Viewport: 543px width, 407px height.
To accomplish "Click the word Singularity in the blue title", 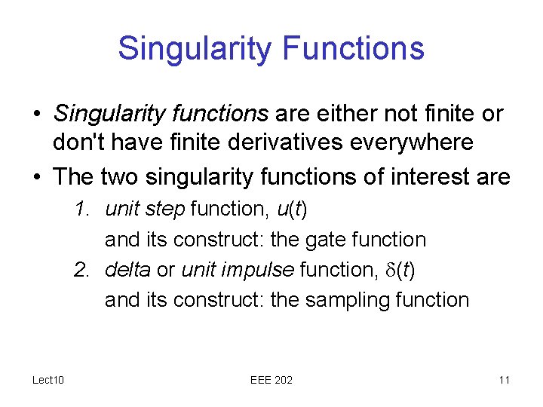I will (195, 48).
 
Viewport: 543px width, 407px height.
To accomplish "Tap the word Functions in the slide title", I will (353, 48).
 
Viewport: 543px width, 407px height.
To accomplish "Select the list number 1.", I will (82, 210).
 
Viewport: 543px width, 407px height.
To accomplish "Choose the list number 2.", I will (82, 270).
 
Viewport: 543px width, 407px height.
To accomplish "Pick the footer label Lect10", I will (48, 380).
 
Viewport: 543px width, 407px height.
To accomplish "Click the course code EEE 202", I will (271, 380).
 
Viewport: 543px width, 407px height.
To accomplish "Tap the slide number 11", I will (504, 380).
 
